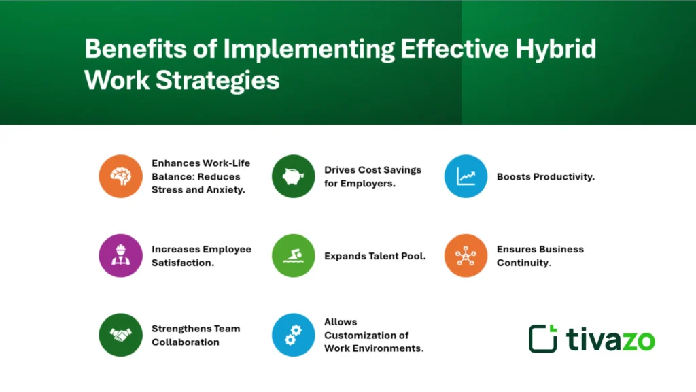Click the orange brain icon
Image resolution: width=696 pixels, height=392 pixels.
(x=120, y=176)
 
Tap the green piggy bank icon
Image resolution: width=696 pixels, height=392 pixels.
(x=293, y=176)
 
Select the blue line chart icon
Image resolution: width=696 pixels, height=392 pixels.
(x=466, y=176)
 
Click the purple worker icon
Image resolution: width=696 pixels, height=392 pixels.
(x=120, y=255)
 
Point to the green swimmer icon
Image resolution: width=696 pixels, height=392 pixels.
(x=293, y=255)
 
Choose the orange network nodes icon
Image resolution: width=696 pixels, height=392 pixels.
(x=466, y=255)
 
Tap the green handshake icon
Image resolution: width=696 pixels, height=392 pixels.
(x=120, y=334)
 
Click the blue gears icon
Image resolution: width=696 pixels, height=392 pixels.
(x=293, y=334)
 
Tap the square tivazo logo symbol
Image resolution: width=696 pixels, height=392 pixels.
(x=543, y=338)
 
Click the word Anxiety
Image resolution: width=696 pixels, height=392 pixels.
(x=227, y=190)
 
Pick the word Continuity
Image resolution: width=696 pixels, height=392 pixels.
(x=523, y=263)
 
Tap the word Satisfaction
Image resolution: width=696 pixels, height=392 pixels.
(x=183, y=263)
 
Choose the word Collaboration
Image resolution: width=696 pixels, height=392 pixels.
(x=186, y=342)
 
